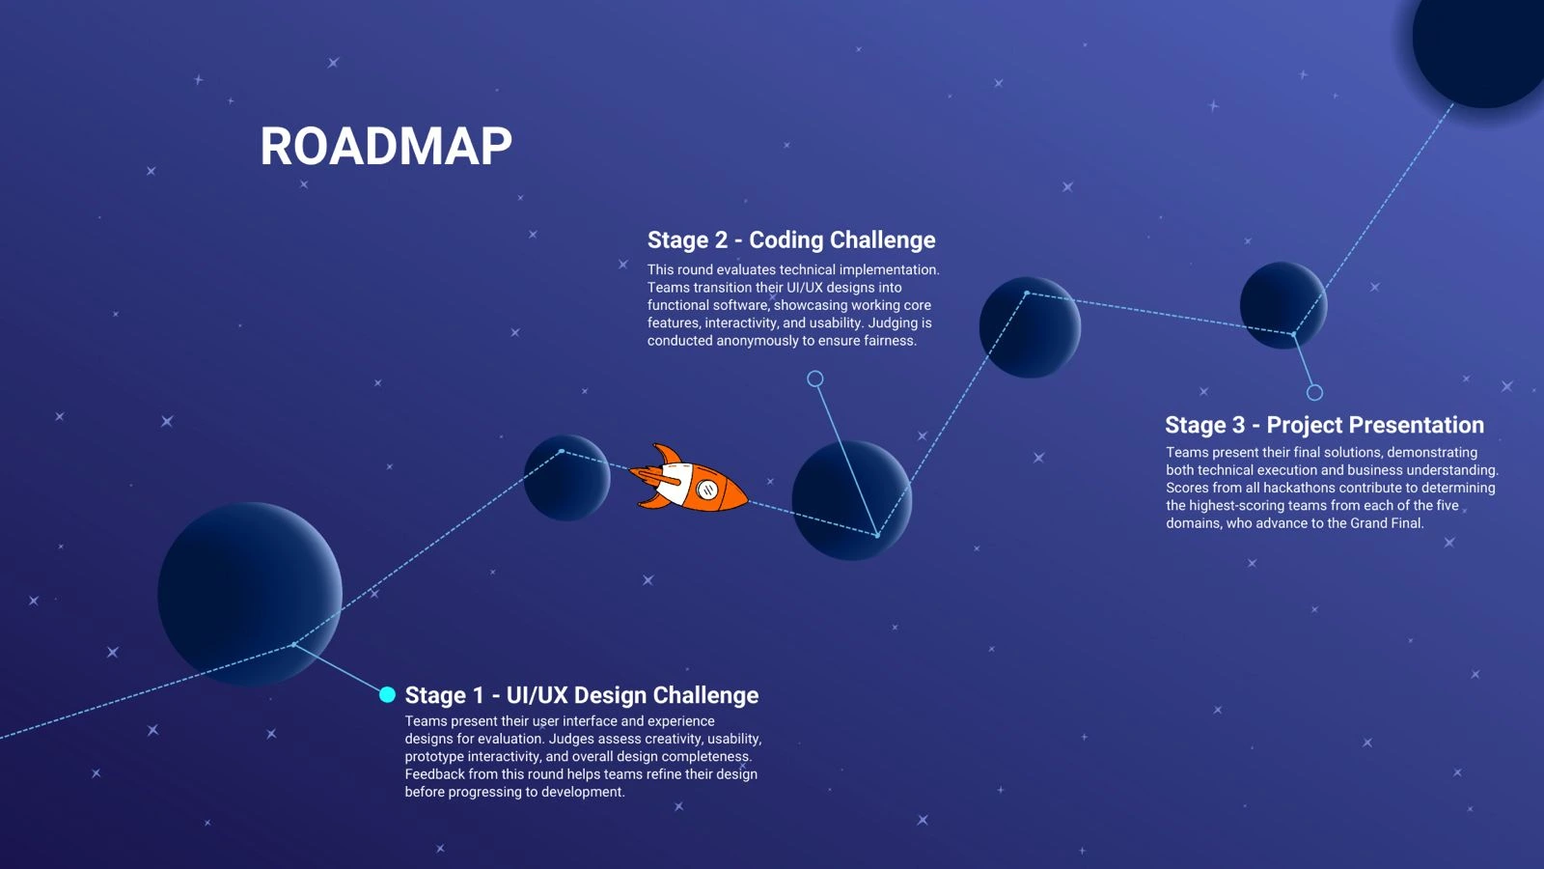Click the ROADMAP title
click(x=386, y=147)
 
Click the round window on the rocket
click(x=707, y=490)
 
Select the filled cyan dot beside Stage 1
click(x=387, y=694)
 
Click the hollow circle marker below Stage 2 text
click(x=815, y=378)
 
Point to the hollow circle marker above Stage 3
click(x=1314, y=392)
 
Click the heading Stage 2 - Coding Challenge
click(x=791, y=239)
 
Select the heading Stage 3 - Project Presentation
click(x=1324, y=425)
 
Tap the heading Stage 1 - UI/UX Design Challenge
click(x=581, y=695)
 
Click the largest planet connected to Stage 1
click(x=249, y=594)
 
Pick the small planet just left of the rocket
click(x=566, y=478)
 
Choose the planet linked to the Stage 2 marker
click(x=851, y=500)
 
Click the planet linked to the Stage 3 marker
click(x=1282, y=305)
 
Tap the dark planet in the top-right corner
click(x=1481, y=43)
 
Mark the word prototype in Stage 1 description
click(x=434, y=757)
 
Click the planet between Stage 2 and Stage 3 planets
click(x=1030, y=327)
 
